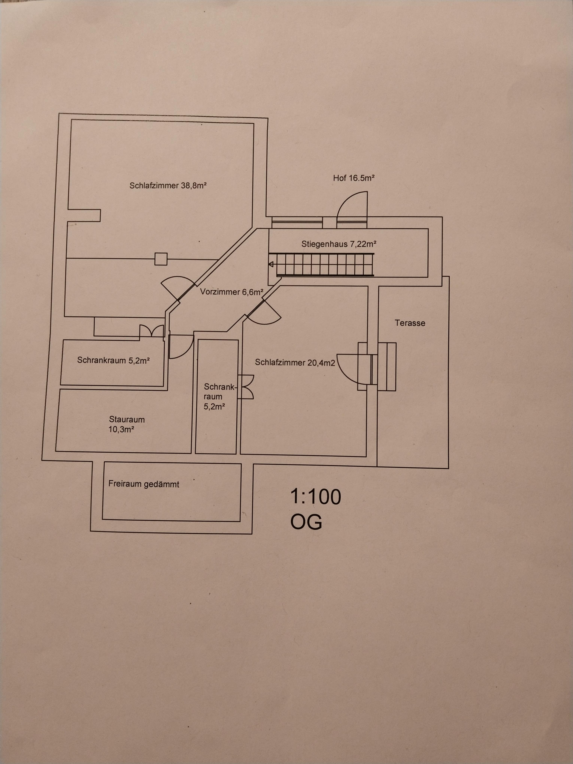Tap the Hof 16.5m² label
[x=354, y=178]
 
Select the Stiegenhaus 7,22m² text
[x=339, y=244]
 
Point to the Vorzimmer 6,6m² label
[x=232, y=292]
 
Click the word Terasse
[x=410, y=323]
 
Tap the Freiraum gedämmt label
[x=144, y=484]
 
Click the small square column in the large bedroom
[x=161, y=259]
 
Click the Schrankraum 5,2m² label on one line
[x=113, y=360]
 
